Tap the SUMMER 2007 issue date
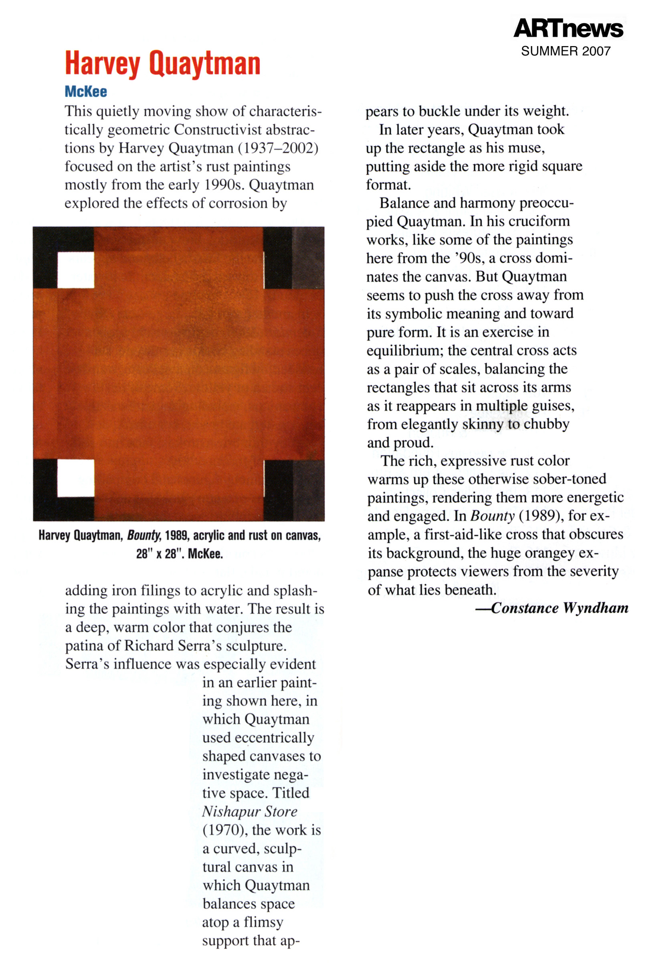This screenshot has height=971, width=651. click(566, 51)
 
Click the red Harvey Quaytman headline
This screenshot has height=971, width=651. click(162, 63)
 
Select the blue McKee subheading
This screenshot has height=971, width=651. click(86, 91)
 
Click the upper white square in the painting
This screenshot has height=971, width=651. click(75, 270)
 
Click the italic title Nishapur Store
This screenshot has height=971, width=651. click(249, 811)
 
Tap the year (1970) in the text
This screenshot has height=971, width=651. click(224, 830)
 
